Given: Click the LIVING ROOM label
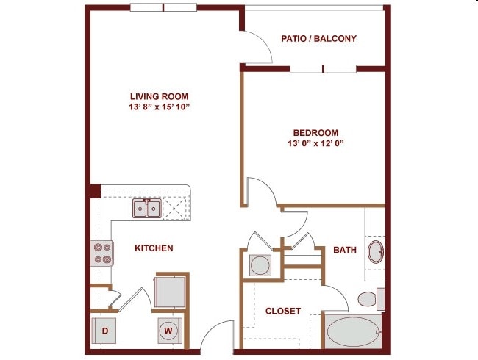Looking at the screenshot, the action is tap(159, 96).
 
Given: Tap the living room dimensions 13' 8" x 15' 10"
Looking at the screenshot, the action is tap(159, 107).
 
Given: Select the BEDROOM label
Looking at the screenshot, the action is tap(315, 133).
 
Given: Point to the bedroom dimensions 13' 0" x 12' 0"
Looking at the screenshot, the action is tap(315, 143).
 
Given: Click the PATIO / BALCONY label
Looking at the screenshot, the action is tap(318, 39).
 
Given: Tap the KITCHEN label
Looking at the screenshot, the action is tap(154, 248).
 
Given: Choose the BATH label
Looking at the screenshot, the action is tap(345, 250).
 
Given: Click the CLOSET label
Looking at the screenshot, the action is tap(283, 311).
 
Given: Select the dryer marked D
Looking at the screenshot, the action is tap(104, 331).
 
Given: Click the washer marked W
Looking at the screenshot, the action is tap(170, 331).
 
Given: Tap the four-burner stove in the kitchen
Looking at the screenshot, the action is tap(102, 253).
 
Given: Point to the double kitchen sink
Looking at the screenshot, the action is tap(147, 209).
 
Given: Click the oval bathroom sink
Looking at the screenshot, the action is tap(376, 251).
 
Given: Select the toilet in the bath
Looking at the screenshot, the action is tap(371, 299).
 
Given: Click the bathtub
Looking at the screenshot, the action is tap(353, 331).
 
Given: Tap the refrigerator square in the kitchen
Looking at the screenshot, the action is tap(170, 292).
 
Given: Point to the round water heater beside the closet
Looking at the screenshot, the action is tap(260, 265).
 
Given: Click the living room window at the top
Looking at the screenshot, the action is tap(163, 7).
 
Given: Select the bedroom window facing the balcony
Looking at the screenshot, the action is tap(323, 69).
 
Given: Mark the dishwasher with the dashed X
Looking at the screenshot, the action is tap(175, 209).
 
